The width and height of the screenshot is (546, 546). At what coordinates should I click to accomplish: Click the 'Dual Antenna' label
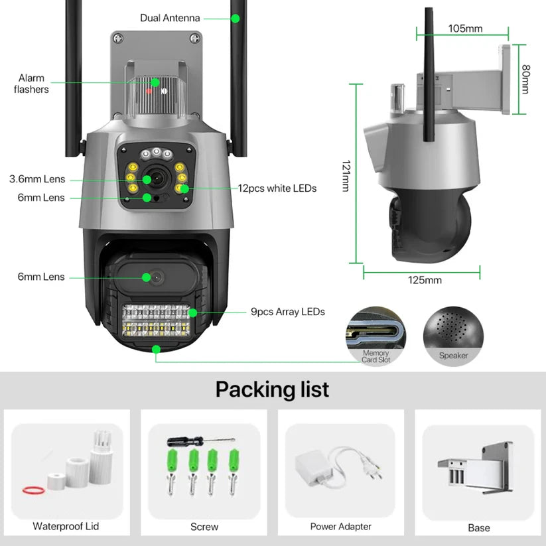point(170,18)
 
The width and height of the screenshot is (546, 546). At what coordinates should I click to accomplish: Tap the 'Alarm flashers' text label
point(31,84)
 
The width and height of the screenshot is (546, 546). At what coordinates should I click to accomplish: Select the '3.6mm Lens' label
point(36,179)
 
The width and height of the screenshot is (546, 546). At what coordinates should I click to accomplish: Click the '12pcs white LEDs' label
point(277,188)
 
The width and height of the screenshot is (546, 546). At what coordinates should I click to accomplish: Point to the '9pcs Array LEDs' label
point(287,311)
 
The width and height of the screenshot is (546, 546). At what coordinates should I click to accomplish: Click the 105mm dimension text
point(465,28)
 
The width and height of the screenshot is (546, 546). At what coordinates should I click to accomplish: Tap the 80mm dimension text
point(525,79)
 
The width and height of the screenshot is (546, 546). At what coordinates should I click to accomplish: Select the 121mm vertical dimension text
point(346,176)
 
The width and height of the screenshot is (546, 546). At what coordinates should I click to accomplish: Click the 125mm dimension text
point(425,280)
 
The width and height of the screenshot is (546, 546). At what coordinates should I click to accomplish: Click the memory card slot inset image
point(376,335)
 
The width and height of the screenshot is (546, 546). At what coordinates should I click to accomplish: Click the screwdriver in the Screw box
point(201,440)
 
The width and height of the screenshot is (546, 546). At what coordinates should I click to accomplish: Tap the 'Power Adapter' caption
point(340,527)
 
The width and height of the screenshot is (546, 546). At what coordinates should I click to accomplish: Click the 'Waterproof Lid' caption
point(66,526)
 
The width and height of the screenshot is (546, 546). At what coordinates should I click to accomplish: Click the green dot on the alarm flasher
point(155,83)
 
